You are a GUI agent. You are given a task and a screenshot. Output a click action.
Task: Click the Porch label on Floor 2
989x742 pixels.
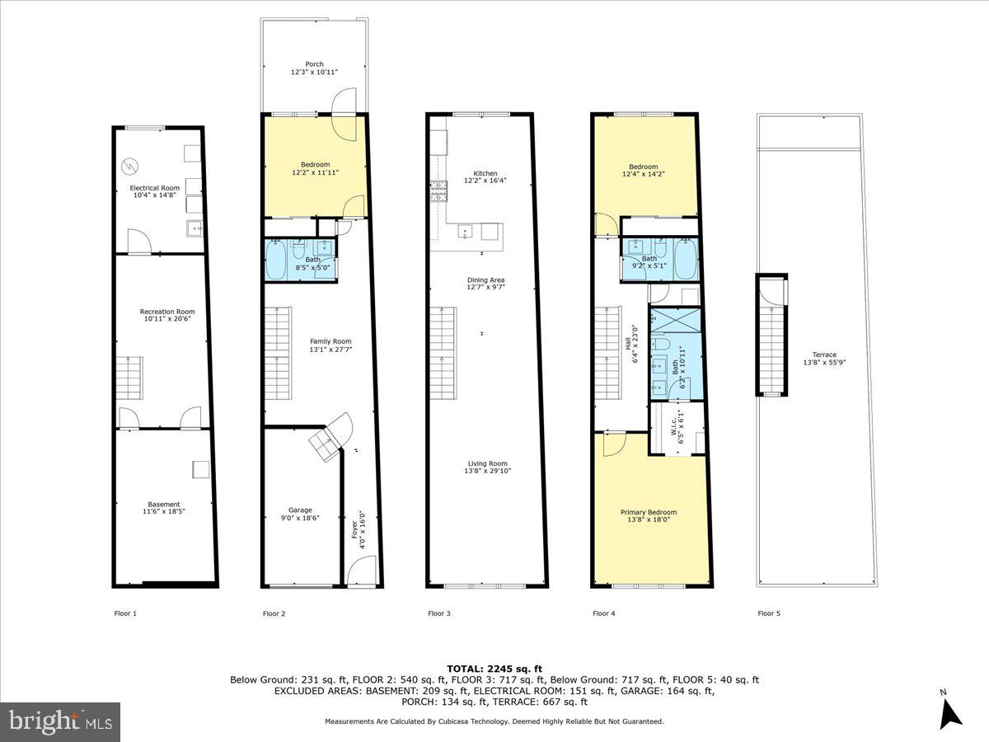(x=314, y=63)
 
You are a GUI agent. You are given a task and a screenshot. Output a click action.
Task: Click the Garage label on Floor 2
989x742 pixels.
(x=300, y=510)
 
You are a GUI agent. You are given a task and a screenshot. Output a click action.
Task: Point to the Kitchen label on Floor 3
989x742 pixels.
(x=480, y=172)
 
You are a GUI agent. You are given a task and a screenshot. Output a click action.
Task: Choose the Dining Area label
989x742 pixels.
(x=485, y=279)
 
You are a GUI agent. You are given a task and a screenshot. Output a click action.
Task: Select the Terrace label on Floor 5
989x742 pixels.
(x=819, y=355)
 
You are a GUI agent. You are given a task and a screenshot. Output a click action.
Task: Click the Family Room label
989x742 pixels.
(x=330, y=341)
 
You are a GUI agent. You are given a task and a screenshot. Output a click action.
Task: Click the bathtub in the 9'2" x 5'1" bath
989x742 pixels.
(x=686, y=259)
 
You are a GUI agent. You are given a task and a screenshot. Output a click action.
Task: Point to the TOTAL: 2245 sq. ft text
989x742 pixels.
(x=494, y=668)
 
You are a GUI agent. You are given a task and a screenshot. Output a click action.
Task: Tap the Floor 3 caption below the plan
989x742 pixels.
(x=439, y=613)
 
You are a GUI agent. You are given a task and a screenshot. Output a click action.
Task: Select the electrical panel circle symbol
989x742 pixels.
(x=130, y=167)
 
